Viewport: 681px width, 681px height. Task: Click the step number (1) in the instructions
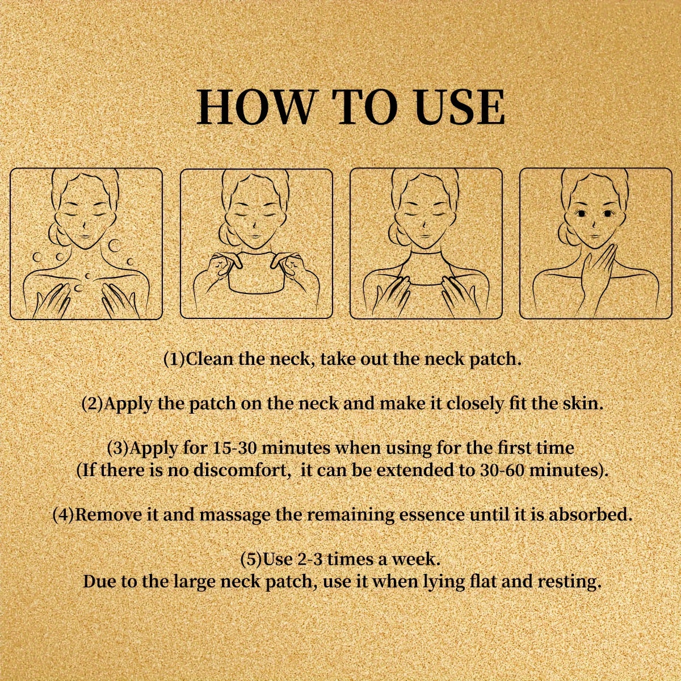(x=174, y=359)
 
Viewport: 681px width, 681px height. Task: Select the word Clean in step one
(x=209, y=359)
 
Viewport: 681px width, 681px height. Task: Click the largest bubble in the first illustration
(x=115, y=245)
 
